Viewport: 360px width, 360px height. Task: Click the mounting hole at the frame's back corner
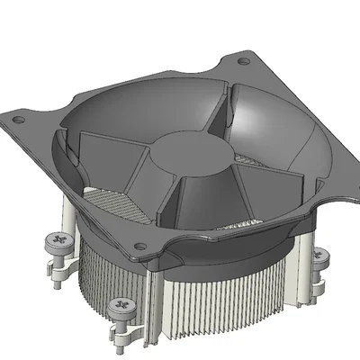click(x=244, y=62)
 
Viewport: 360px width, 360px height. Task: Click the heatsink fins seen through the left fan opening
click(x=103, y=198)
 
